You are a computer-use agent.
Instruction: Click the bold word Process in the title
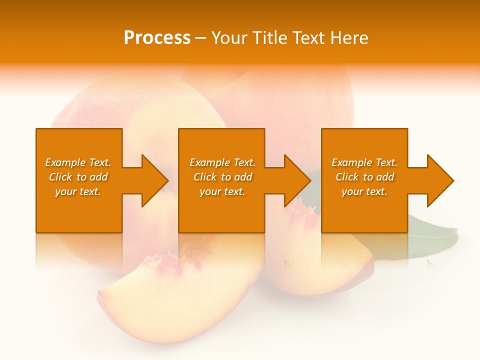[x=157, y=38]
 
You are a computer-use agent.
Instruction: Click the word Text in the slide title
[x=308, y=38]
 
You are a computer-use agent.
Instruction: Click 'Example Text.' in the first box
[x=78, y=162]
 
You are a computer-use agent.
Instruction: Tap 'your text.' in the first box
[x=78, y=191]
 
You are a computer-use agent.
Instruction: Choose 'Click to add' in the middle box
[x=222, y=177]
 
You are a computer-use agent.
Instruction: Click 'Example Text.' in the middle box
[x=222, y=162]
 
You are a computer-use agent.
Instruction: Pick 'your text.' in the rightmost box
[x=364, y=191]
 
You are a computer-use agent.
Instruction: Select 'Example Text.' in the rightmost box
[x=364, y=162]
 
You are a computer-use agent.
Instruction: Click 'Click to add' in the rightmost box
[x=364, y=177]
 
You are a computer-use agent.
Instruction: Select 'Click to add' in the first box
[x=78, y=177]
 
